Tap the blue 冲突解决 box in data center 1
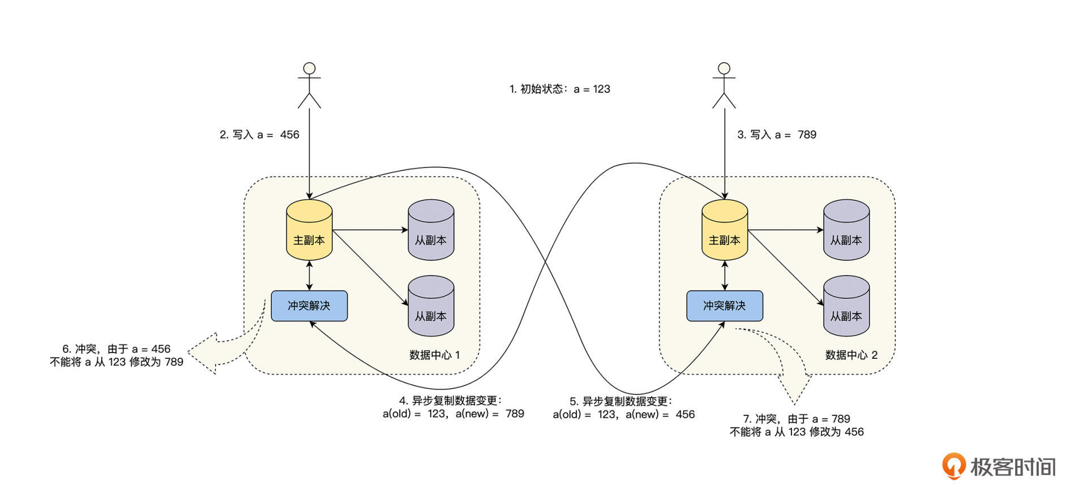(x=309, y=306)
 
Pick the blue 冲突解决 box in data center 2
(x=725, y=306)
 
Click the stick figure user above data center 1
(x=309, y=85)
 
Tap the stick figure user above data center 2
(x=724, y=85)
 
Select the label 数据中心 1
(x=434, y=355)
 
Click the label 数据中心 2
(x=851, y=355)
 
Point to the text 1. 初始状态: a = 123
(x=559, y=89)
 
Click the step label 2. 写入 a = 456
(x=259, y=135)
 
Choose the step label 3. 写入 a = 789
(x=777, y=135)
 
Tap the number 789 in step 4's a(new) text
(x=515, y=414)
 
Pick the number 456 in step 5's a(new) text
(x=685, y=414)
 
